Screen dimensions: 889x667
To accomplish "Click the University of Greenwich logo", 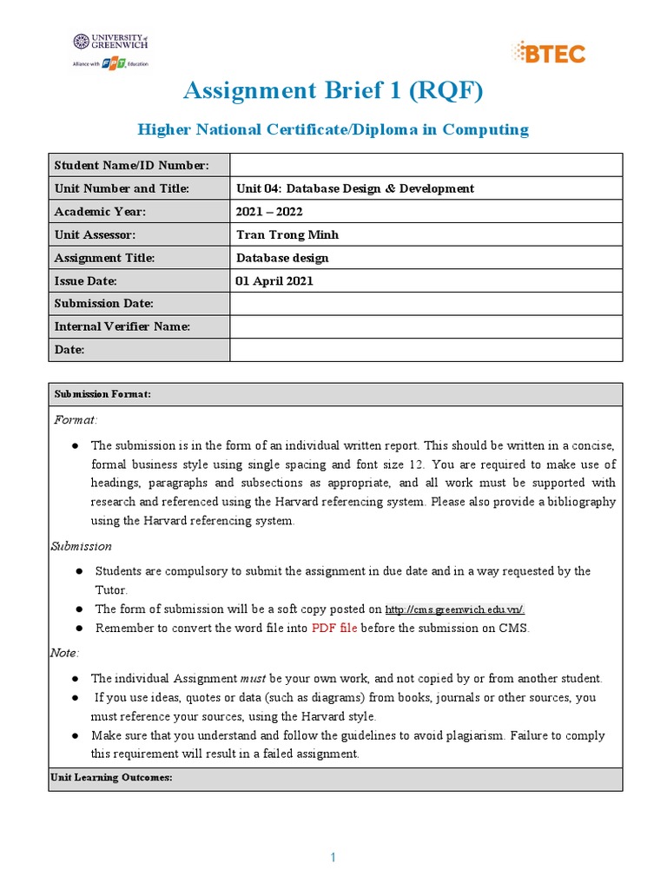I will pyautogui.click(x=110, y=50).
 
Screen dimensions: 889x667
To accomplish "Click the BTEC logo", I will pyautogui.click(x=549, y=53).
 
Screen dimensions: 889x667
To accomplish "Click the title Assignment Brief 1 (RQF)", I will pyautogui.click(x=333, y=90).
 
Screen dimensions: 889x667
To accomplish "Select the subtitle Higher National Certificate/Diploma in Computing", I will pyautogui.click(x=333, y=129).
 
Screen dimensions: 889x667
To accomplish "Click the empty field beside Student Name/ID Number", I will pyautogui.click(x=426, y=165).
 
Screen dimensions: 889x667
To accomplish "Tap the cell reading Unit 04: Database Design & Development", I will pyautogui.click(x=355, y=188).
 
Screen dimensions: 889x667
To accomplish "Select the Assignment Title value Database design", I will pyautogui.click(x=282, y=258).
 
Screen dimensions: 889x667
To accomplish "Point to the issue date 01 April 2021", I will pyautogui.click(x=274, y=281).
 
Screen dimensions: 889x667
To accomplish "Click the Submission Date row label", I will pyautogui.click(x=103, y=304).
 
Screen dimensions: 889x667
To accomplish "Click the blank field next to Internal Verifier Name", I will pyautogui.click(x=426, y=327).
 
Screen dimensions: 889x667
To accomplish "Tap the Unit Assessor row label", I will pyautogui.click(x=95, y=234).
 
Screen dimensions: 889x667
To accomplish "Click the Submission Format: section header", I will pyautogui.click(x=102, y=394).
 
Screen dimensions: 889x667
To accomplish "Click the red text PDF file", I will pyautogui.click(x=334, y=628).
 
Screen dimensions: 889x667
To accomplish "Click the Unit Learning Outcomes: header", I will pyautogui.click(x=113, y=778).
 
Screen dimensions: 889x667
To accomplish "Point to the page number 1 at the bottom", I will pyautogui.click(x=333, y=858).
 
